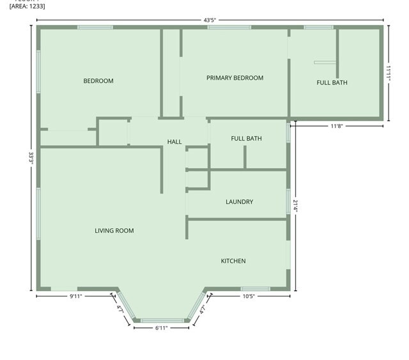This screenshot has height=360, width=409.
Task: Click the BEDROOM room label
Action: [98, 81]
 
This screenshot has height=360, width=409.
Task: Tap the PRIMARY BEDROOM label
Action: [235, 78]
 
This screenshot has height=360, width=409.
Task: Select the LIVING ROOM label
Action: [114, 231]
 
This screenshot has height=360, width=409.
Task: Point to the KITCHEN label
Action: [233, 261]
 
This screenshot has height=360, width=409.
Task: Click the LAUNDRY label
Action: [239, 202]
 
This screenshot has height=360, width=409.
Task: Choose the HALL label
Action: [174, 142]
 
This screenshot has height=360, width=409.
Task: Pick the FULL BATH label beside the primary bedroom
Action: [332, 82]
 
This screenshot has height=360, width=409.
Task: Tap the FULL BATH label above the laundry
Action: [246, 139]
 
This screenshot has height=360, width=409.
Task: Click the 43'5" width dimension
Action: [210, 20]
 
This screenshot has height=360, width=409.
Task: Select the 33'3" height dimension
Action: [30, 158]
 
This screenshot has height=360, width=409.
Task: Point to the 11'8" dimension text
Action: [337, 126]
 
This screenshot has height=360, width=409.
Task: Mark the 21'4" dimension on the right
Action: [295, 206]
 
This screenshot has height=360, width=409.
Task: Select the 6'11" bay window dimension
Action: [162, 328]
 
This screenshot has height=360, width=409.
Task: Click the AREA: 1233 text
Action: [27, 6]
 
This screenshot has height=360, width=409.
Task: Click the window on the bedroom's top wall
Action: [95, 27]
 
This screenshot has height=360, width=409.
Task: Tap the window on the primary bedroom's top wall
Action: [229, 27]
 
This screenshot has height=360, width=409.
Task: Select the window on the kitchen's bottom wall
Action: [255, 289]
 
